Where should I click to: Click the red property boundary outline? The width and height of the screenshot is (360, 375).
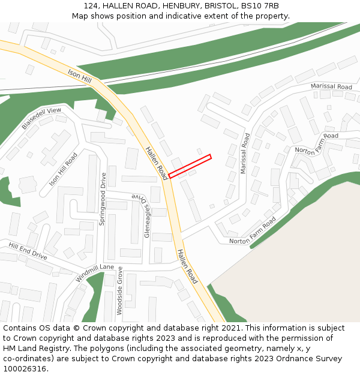pyautogui.click(x=190, y=166)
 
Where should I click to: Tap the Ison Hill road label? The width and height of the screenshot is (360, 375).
pyautogui.click(x=80, y=76)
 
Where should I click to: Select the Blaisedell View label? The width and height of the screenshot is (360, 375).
pyautogui.click(x=41, y=119)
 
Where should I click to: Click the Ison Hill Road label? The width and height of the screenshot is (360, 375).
pyautogui.click(x=64, y=169)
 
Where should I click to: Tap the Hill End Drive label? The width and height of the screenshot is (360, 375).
pyautogui.click(x=28, y=251)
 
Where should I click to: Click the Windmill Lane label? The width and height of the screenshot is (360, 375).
pyautogui.click(x=95, y=274)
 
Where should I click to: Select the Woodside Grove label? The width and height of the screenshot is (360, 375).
pyautogui.click(x=119, y=290)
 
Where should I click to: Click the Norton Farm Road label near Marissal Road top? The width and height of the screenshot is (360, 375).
pyautogui.click(x=316, y=143)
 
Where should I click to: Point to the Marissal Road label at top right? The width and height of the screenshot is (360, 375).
pyautogui.click(x=331, y=87)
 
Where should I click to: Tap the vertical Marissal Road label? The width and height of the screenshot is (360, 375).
pyautogui.click(x=244, y=154)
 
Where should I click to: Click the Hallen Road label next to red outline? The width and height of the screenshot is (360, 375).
pyautogui.click(x=156, y=163)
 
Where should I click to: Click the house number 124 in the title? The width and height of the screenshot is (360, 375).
pyautogui.click(x=91, y=5)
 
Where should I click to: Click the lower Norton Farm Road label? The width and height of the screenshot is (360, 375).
pyautogui.click(x=252, y=231)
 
